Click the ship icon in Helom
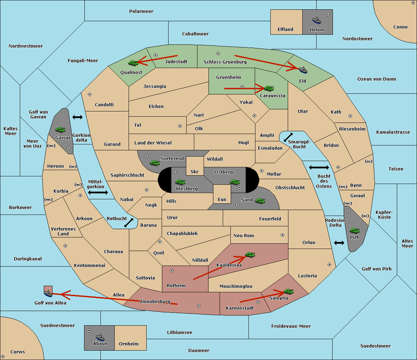[317, 20]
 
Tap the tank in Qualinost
[133, 63]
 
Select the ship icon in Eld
[303, 70]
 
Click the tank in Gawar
[60, 129]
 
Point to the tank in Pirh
[355, 231]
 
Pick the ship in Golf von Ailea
[48, 293]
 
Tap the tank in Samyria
[289, 292]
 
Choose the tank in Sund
[260, 201]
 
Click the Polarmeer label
[141, 11]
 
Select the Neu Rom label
[244, 235]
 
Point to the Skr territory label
[195, 171]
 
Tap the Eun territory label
[222, 199]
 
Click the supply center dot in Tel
[180, 126]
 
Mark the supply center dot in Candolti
[90, 94]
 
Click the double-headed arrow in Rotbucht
[129, 223]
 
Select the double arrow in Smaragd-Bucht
[288, 137]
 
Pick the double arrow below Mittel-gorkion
[98, 192]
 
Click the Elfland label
[285, 30]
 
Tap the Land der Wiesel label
[153, 143]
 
